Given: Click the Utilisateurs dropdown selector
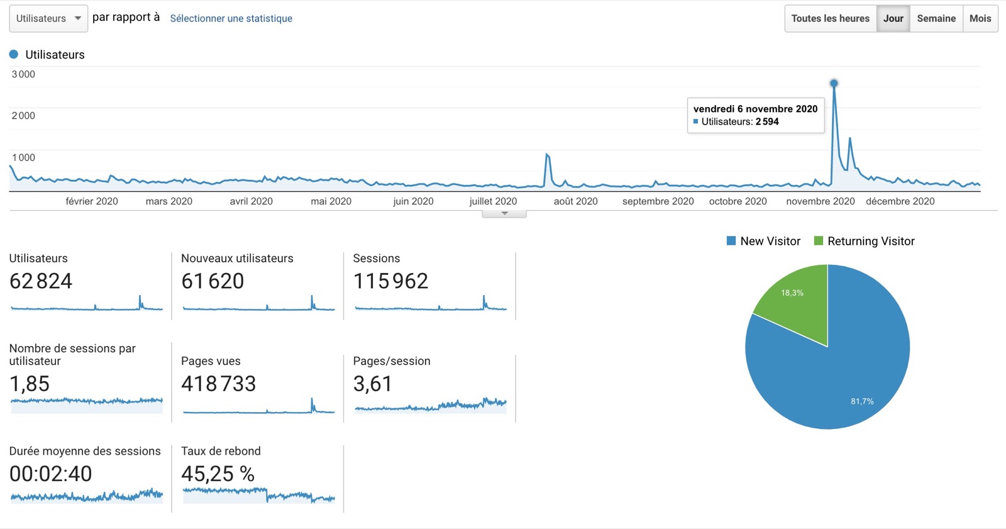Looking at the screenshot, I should (48, 18).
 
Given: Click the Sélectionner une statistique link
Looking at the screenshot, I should (231, 18).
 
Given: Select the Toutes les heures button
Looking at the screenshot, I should (830, 18).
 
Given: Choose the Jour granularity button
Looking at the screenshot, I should (893, 18).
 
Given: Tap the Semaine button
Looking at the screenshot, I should (936, 18).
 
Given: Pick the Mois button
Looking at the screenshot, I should (980, 18).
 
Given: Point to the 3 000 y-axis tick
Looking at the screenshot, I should (23, 74).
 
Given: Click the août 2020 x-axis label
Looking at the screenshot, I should (575, 201).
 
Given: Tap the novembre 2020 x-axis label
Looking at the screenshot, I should (820, 201).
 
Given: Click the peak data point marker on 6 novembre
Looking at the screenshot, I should (834, 83).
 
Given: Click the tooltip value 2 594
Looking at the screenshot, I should (767, 122).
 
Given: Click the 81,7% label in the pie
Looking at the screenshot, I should (862, 401).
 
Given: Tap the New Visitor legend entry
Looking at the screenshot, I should (763, 241).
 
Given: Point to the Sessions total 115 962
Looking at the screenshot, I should (390, 281).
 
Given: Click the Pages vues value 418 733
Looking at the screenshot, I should (218, 384).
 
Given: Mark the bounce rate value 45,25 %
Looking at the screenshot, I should (218, 474).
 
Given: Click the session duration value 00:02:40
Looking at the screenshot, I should (50, 474).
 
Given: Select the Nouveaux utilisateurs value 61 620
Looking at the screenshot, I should (213, 281).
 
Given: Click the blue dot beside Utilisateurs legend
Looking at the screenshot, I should (14, 55).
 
